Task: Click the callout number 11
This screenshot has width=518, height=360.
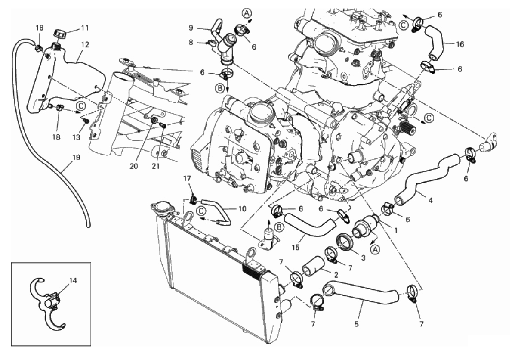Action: coord(85,28)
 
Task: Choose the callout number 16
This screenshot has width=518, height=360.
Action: coord(449,43)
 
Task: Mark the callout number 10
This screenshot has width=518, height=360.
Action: coord(242,209)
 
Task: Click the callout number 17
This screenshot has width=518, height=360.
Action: coord(187,178)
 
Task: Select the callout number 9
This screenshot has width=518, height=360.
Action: coord(191,28)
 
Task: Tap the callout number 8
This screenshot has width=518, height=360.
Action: coord(191,42)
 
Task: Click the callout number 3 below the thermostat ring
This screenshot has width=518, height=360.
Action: coord(362,258)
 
